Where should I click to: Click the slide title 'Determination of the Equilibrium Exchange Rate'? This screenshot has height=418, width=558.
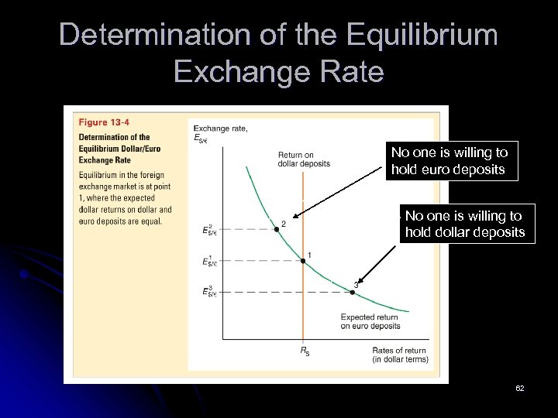tap(279, 53)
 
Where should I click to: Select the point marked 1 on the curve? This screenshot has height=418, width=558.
tap(303, 261)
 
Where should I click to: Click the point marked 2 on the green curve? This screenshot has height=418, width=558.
tap(276, 229)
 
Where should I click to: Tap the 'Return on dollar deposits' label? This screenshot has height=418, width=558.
tap(303, 159)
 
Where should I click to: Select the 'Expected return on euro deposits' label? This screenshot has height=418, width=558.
tap(370, 322)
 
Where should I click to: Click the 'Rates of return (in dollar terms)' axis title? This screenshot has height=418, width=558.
tap(400, 355)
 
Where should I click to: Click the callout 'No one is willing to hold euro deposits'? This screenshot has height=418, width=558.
tap(449, 161)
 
